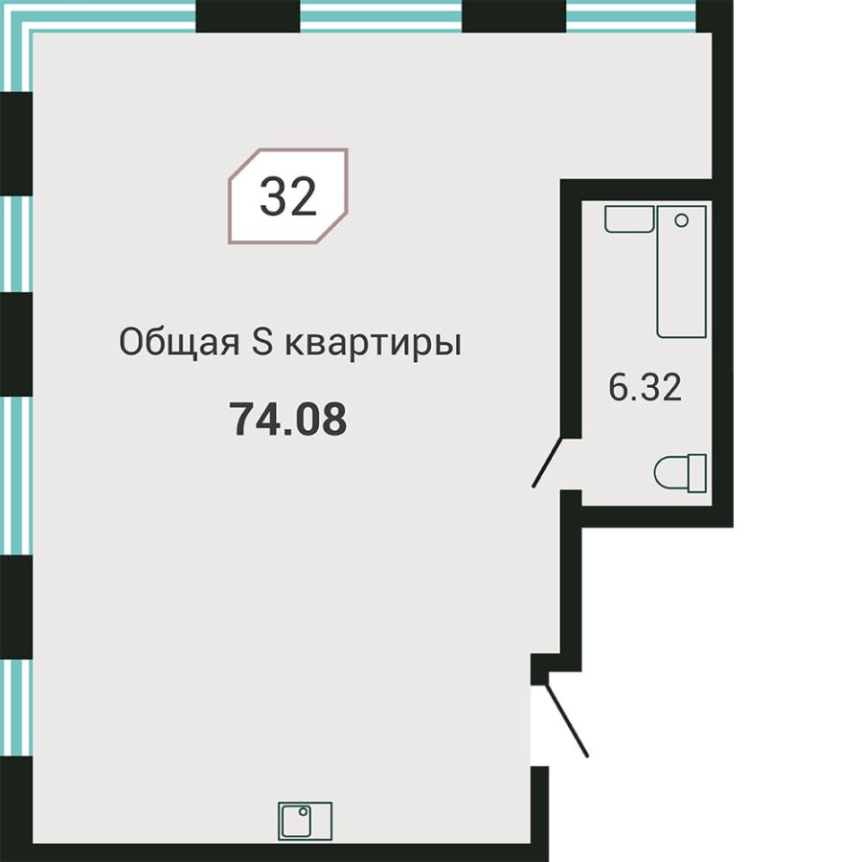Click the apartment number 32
[x=287, y=197]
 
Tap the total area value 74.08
[x=287, y=420]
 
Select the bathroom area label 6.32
[x=646, y=389]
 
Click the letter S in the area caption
[x=263, y=343]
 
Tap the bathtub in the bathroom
[x=681, y=270]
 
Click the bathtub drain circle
[x=681, y=220]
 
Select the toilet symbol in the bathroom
[x=680, y=473]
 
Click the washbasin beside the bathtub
[x=627, y=217]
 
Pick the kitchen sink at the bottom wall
[x=305, y=821]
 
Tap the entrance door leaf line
[x=566, y=718]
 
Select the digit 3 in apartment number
[x=273, y=197]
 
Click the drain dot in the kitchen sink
[x=303, y=812]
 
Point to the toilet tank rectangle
[x=696, y=473]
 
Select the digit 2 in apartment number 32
[x=303, y=197]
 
